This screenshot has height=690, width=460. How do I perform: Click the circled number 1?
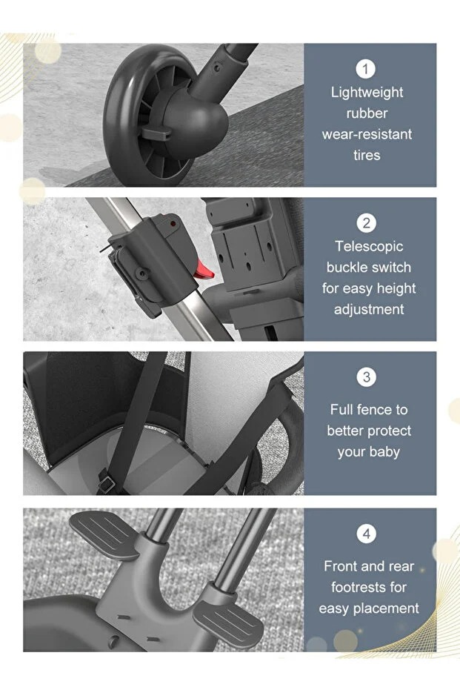tap(365, 69)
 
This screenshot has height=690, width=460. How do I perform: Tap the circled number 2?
tap(367, 223)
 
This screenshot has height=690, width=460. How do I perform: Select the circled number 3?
tap(367, 377)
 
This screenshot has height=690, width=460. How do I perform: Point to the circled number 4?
tap(367, 534)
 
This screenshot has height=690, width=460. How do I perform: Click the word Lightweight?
tap(367, 93)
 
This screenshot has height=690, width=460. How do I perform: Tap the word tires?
tap(367, 155)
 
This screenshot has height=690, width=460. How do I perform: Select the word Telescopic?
tap(369, 246)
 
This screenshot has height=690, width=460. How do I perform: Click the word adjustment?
tap(369, 309)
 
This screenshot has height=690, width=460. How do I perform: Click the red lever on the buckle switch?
tap(204, 270)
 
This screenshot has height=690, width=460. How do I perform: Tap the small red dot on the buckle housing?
tap(173, 224)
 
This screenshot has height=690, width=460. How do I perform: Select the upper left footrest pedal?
tap(104, 534)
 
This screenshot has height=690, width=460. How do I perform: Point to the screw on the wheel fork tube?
tap(216, 67)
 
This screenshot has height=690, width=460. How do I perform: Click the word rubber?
tap(367, 113)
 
